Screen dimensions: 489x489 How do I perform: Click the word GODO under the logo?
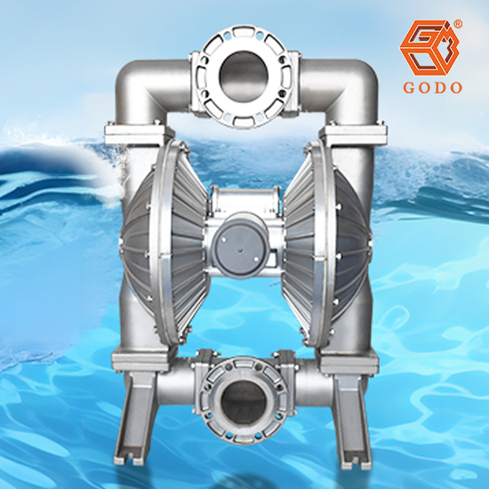(x=433, y=88)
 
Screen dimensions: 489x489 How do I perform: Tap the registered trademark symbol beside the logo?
(x=458, y=24)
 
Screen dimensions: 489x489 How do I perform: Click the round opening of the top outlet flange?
(x=244, y=76)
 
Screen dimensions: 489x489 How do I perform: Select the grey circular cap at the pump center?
(x=239, y=245)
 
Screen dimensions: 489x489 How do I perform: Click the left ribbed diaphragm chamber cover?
(x=164, y=243)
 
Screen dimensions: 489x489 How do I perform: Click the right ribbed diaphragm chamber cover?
(x=326, y=243)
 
